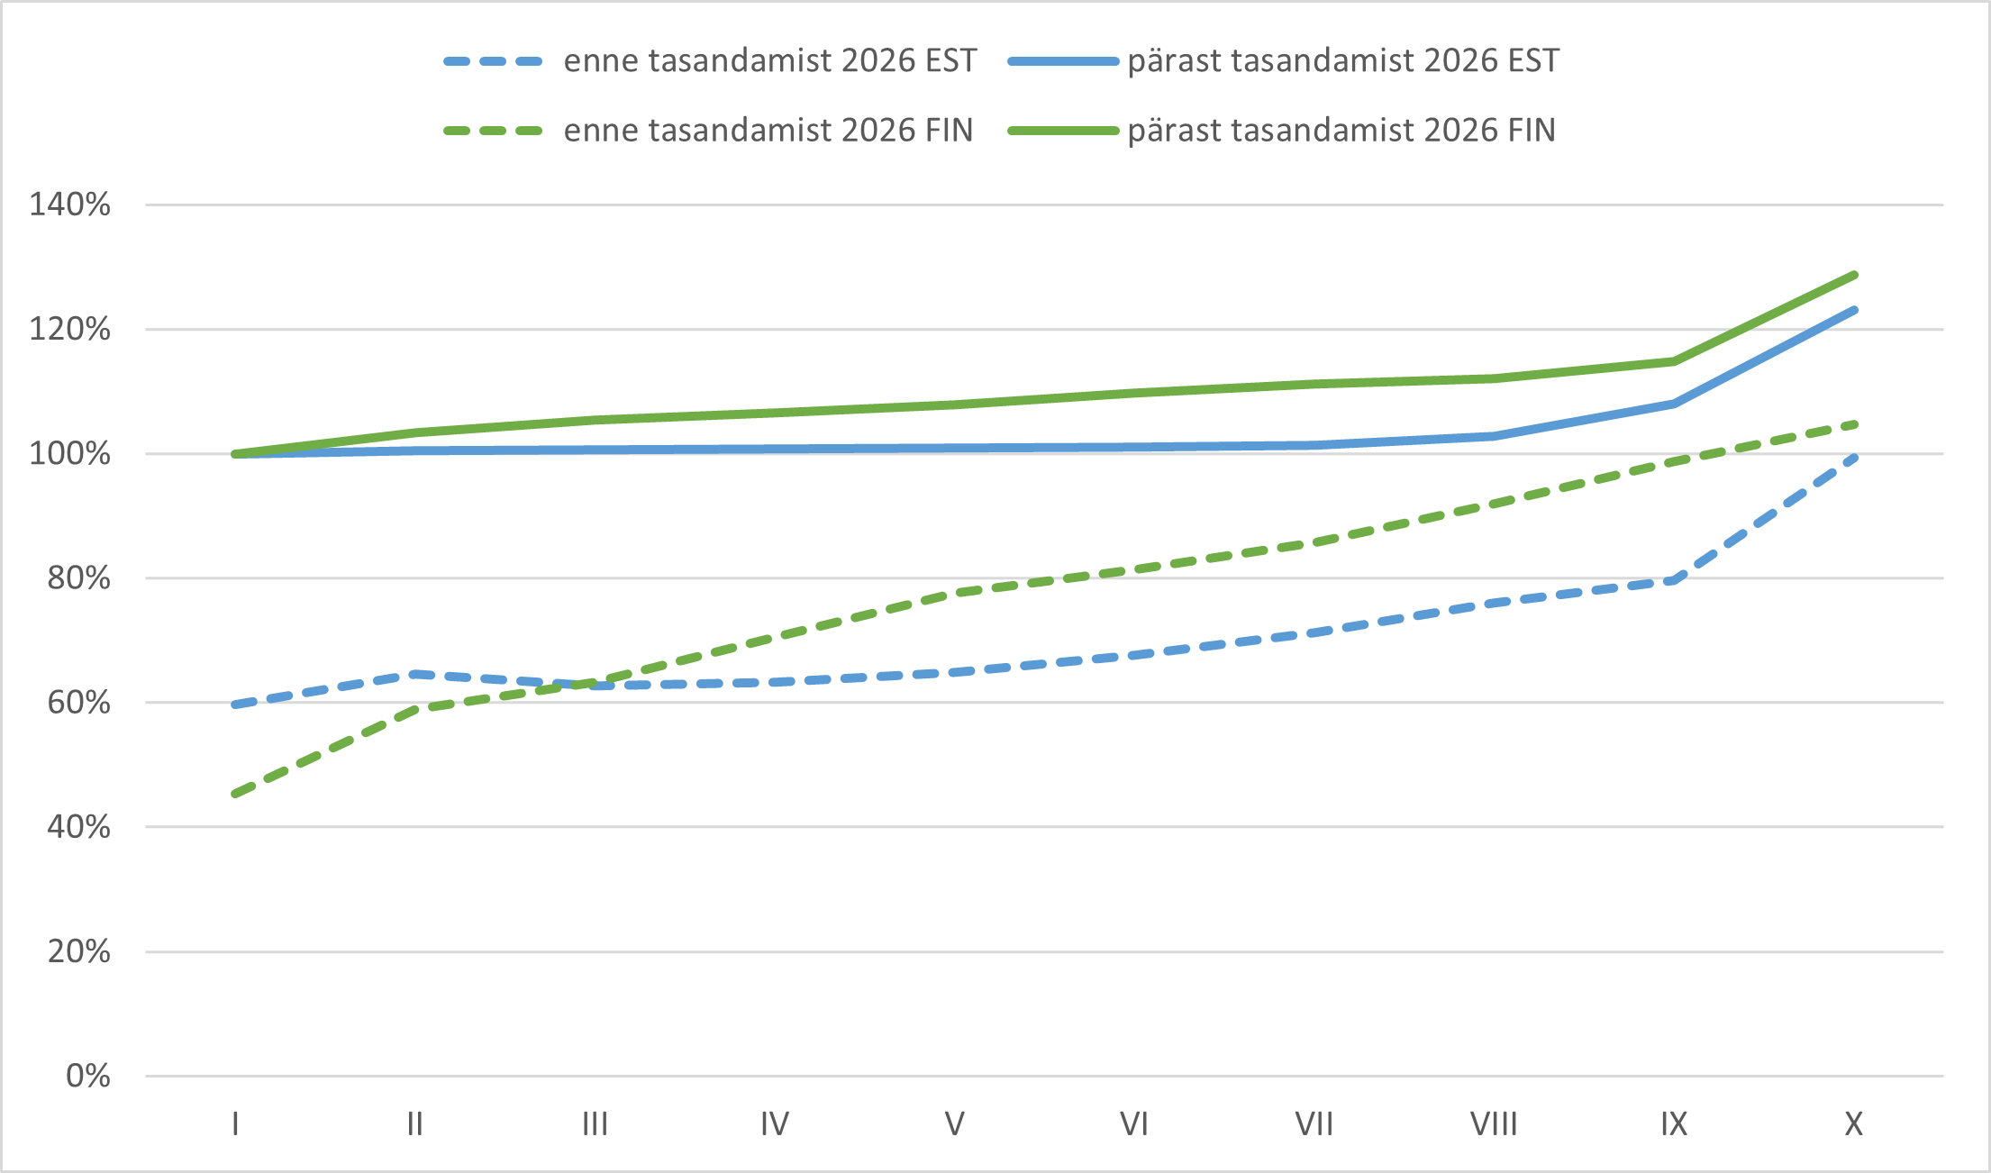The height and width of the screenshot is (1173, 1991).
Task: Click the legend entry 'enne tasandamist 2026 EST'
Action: pos(710,61)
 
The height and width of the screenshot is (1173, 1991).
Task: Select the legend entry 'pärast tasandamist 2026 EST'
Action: pos(1283,61)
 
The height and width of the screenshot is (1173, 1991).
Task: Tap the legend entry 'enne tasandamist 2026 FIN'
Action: pos(708,131)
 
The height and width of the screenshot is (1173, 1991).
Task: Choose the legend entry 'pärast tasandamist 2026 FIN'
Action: pos(1281,131)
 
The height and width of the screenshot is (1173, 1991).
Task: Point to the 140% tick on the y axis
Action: pos(70,205)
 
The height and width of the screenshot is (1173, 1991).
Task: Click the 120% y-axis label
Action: pos(70,329)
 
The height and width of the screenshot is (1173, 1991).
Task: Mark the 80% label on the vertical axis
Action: pos(79,577)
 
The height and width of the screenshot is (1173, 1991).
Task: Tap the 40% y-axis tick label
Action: pos(79,826)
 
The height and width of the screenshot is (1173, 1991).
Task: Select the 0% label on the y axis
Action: pos(88,1076)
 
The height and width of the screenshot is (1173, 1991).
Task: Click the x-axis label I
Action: pos(235,1124)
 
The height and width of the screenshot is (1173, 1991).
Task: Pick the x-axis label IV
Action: pos(775,1124)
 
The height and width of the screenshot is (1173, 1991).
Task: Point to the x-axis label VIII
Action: pos(1494,1124)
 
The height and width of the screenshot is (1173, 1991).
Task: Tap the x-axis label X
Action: pos(1854,1124)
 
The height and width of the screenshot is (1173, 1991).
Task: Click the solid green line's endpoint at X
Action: pos(1855,275)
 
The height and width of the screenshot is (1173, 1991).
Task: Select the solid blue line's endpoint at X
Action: pos(1855,310)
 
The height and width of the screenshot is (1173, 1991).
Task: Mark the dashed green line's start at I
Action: pos(235,795)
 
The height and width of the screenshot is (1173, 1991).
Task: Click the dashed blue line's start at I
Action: pos(235,705)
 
